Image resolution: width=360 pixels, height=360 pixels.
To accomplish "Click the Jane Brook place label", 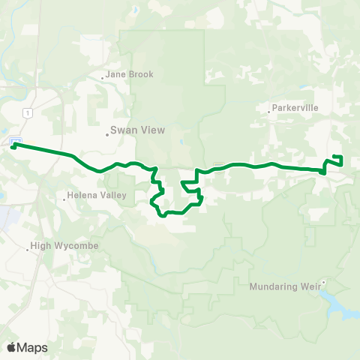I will (130, 74).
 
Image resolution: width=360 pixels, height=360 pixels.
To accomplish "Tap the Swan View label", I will (132, 129).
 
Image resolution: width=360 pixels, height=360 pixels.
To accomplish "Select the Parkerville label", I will (295, 107).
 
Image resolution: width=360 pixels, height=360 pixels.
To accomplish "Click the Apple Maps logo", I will (27, 347).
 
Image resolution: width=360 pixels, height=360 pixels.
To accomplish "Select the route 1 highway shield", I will (28, 112).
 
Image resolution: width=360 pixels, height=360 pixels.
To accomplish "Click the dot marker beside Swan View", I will (107, 135).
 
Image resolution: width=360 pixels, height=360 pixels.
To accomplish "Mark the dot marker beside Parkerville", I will (269, 112).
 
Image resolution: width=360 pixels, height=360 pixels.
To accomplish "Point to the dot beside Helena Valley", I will (65, 199).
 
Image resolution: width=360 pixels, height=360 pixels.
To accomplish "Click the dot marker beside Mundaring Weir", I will (323, 282).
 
